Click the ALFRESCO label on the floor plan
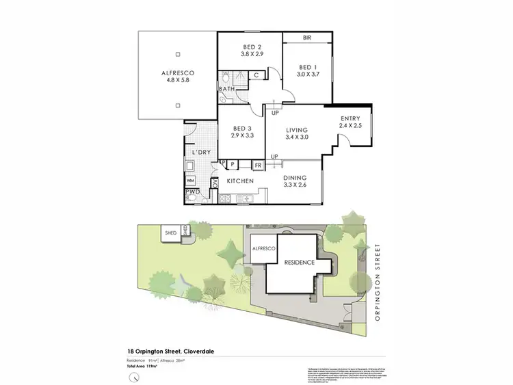177,72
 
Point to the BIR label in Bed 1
308,38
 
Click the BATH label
226,89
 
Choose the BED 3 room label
243,128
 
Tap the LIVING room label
298,129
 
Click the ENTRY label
350,119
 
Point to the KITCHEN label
240,181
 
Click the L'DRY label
200,152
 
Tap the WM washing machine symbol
190,180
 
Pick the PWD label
192,192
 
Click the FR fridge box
259,165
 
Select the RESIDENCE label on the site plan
299,263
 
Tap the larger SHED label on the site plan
170,233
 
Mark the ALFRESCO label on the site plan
263,249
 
